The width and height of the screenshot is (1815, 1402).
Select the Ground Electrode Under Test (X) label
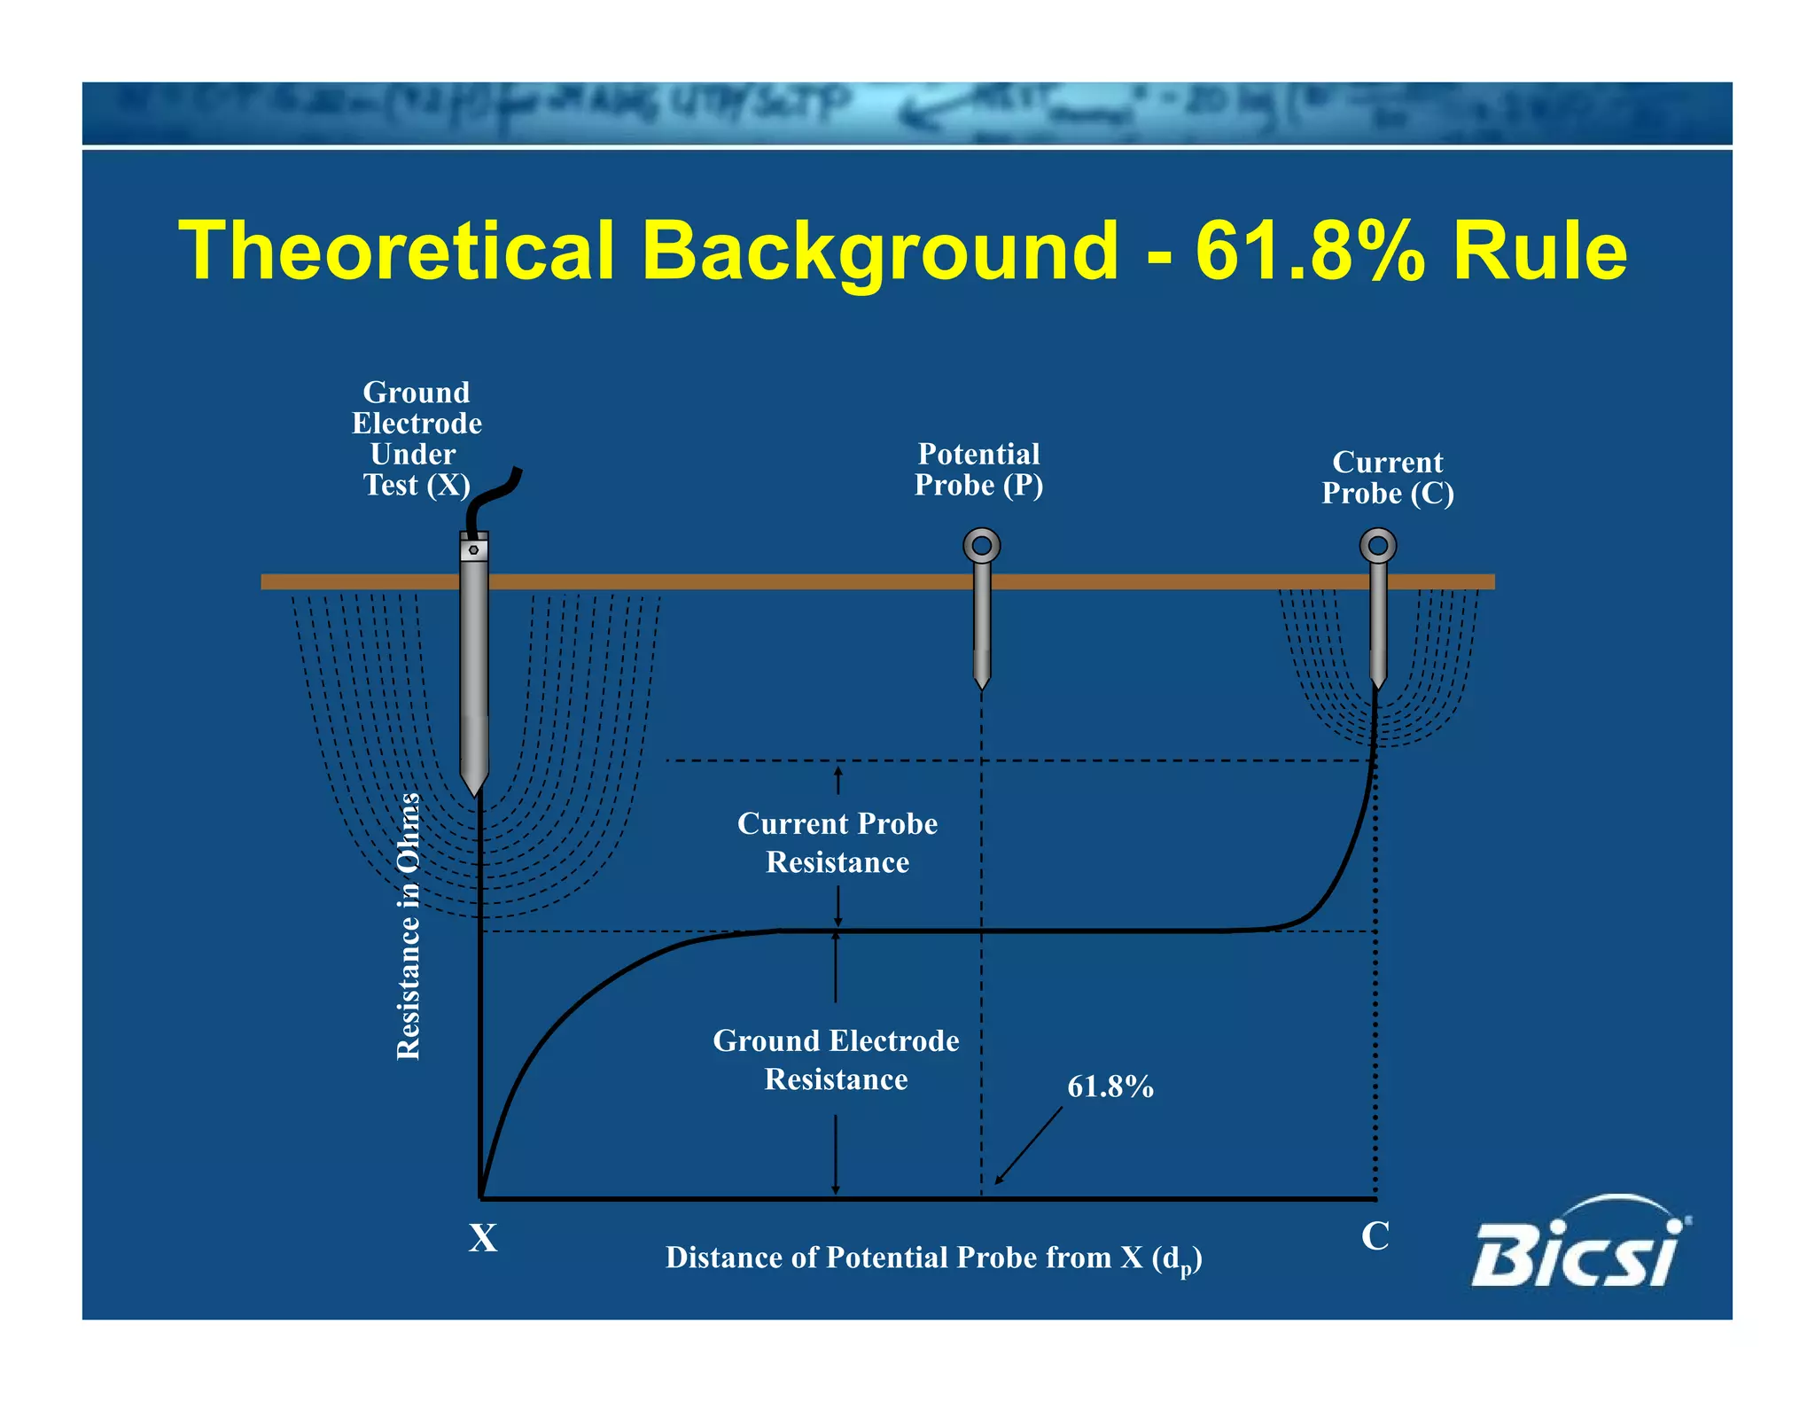[x=416, y=439]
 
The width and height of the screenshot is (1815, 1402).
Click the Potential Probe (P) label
[x=978, y=470]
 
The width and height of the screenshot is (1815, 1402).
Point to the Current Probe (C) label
[x=1387, y=478]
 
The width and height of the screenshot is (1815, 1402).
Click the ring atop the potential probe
[x=981, y=546]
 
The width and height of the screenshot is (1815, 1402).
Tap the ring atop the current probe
[x=1377, y=546]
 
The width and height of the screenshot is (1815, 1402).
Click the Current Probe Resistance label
[x=837, y=843]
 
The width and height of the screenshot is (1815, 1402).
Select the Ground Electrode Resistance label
[x=836, y=1060]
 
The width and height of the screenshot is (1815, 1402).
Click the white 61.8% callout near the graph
[x=1110, y=1087]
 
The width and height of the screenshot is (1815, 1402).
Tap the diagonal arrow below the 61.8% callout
[x=1028, y=1145]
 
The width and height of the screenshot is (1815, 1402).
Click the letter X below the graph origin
[x=483, y=1238]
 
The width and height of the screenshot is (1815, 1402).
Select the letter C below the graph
[x=1375, y=1236]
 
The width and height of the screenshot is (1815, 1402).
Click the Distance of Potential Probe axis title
[x=933, y=1258]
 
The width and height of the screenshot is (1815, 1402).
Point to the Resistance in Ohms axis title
[x=408, y=926]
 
